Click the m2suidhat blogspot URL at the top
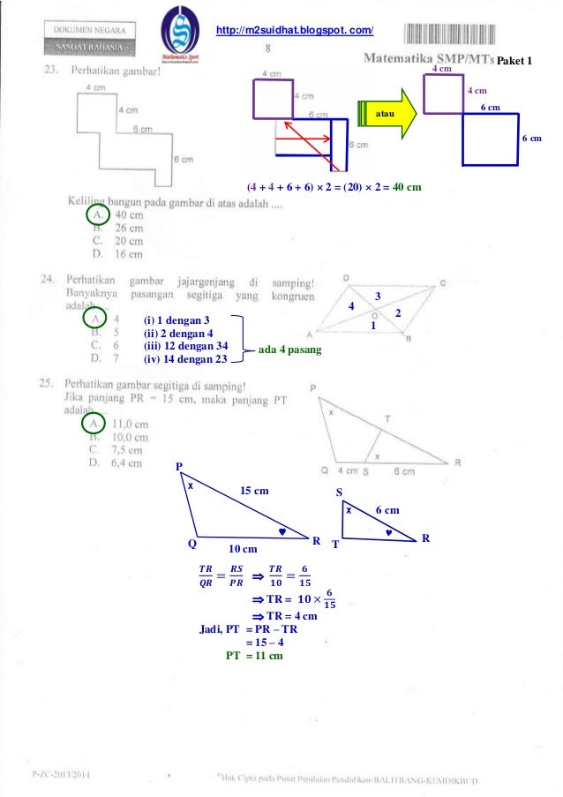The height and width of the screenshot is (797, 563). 301,32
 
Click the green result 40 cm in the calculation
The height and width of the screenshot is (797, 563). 405,187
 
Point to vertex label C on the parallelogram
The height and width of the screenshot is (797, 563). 443,283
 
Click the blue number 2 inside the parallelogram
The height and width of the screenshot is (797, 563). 398,314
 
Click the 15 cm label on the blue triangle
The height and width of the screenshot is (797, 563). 256,491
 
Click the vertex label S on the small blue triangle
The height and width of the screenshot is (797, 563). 340,491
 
